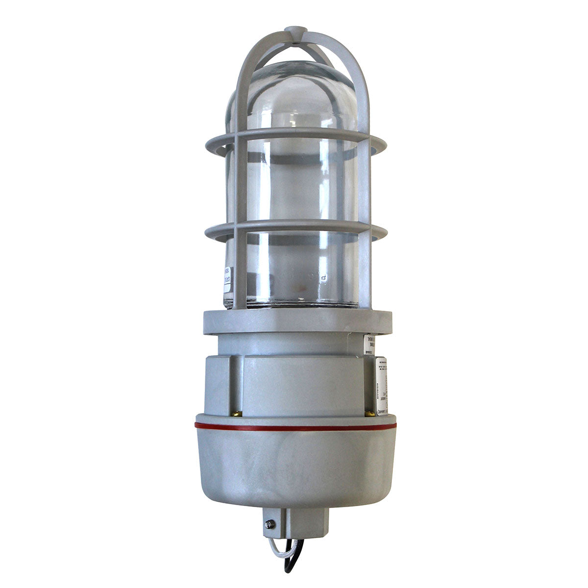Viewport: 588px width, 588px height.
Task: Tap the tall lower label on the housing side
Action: click(381, 385)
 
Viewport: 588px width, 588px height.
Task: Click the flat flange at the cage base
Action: click(297, 321)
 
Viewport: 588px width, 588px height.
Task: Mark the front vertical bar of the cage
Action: click(239, 196)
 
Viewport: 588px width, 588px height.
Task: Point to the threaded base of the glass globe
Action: click(294, 304)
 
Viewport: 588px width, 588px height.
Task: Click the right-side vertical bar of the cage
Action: click(365, 196)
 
